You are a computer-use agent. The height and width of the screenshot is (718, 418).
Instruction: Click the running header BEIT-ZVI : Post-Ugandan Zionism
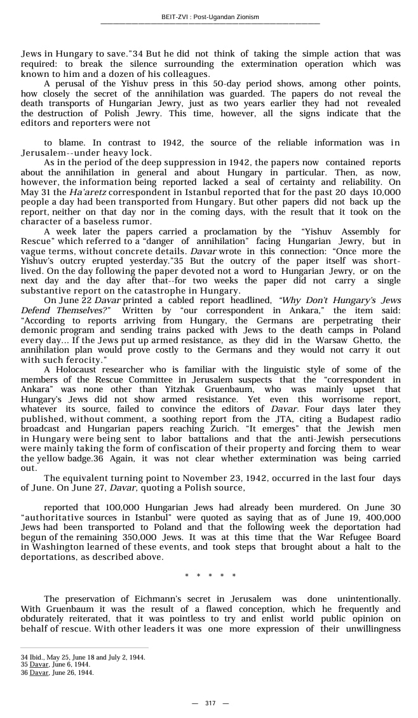point(210,17)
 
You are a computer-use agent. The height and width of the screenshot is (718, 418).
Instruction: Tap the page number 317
point(210,703)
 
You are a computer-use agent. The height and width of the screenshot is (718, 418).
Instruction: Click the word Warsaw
point(316,341)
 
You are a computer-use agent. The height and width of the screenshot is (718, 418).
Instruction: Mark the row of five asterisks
point(210,576)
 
